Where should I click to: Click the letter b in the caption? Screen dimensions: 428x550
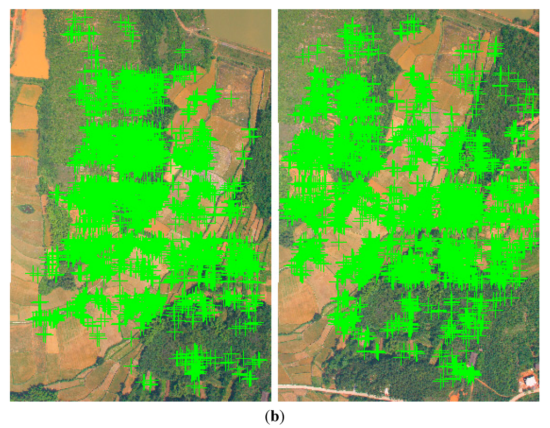pyautogui.click(x=275, y=417)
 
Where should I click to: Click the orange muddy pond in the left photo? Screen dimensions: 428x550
pyautogui.click(x=30, y=46)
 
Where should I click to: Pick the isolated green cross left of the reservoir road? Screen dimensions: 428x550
pyautogui.click(x=184, y=51)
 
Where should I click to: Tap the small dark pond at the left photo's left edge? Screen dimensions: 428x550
pyautogui.click(x=24, y=208)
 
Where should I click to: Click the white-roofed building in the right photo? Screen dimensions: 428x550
pyautogui.click(x=530, y=382)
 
